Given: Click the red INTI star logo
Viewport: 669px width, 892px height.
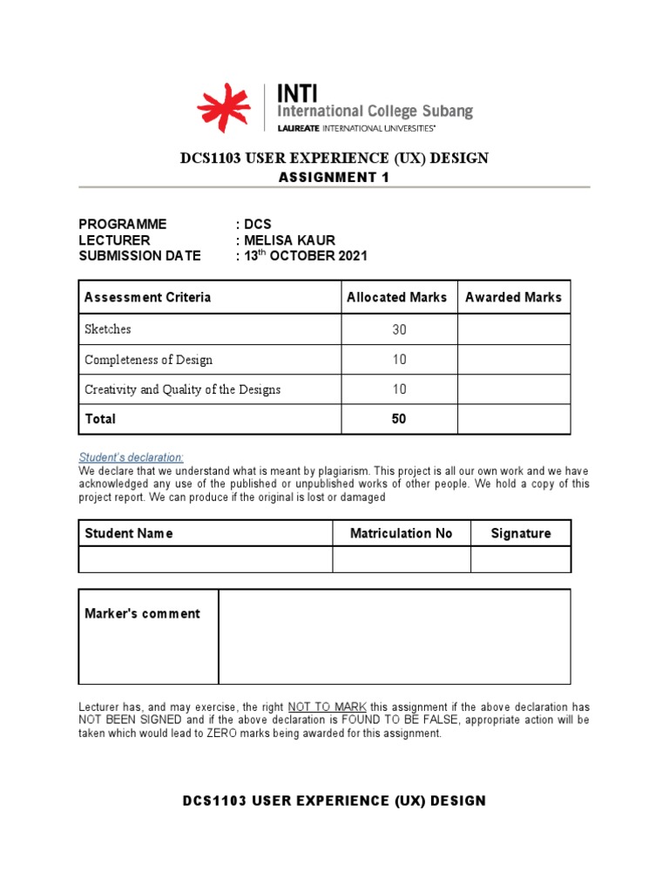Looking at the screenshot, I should click(x=223, y=109).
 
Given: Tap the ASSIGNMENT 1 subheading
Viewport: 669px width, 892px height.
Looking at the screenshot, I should click(x=334, y=178).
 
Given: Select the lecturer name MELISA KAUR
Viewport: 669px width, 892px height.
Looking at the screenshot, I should click(x=288, y=240).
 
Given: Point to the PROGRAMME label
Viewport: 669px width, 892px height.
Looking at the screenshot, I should click(x=122, y=225).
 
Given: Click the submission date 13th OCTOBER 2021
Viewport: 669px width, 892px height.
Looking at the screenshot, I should click(x=305, y=256).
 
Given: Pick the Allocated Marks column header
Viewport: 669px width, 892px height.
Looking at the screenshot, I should click(x=396, y=297).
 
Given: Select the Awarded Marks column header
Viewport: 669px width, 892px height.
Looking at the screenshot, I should click(x=513, y=297).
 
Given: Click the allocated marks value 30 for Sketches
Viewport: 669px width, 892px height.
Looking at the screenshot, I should click(x=399, y=330).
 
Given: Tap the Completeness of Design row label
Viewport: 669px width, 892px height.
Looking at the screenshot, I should click(x=148, y=360).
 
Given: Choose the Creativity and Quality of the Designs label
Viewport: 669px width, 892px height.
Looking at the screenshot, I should click(x=182, y=389).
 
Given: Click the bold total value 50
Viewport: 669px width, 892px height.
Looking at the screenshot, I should click(x=399, y=419).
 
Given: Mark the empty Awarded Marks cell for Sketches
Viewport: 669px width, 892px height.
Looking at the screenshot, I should click(x=514, y=330).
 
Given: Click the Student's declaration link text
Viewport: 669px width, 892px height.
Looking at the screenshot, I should click(x=132, y=457).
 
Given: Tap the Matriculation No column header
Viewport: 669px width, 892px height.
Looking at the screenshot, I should click(x=401, y=533).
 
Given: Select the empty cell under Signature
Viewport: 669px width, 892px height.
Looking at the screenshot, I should click(x=521, y=559).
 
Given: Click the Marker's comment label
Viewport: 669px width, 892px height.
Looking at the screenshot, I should click(x=142, y=613).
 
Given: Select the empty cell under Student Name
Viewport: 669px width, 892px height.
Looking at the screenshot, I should click(x=206, y=559).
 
